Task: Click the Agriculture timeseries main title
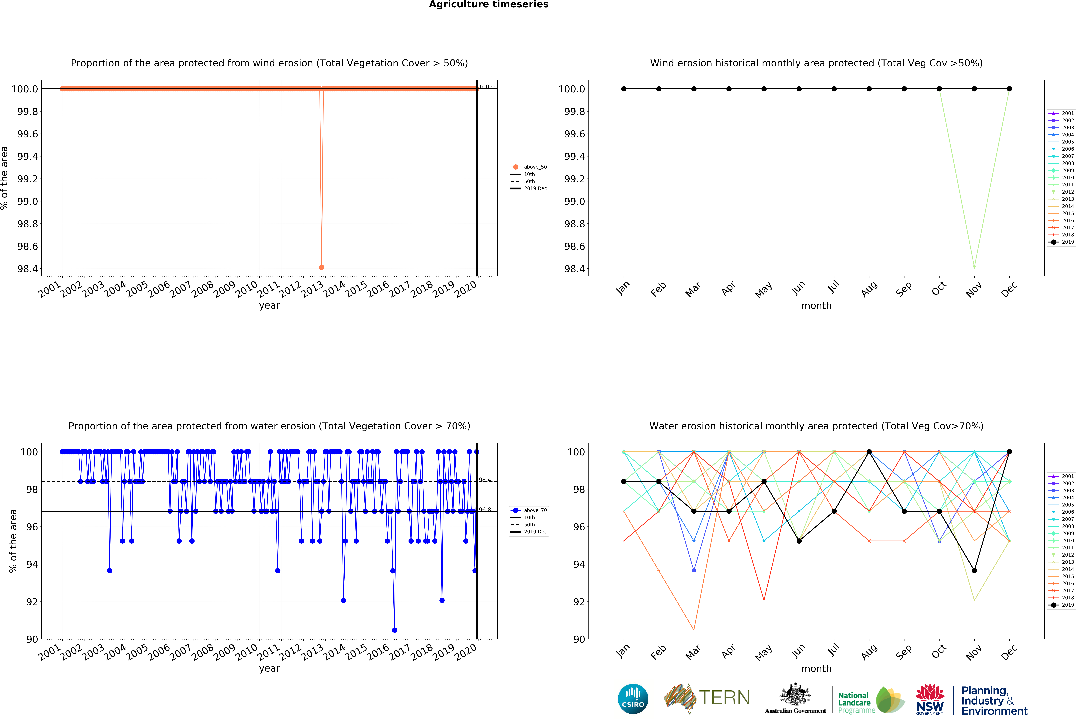[x=488, y=5]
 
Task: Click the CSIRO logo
[x=633, y=699]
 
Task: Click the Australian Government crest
[x=795, y=698]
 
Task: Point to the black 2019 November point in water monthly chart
[x=974, y=571]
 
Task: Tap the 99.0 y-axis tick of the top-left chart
[x=28, y=201]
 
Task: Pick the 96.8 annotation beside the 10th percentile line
[x=485, y=510]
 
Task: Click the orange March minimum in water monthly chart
[x=694, y=630]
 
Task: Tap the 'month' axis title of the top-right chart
[x=816, y=306]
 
